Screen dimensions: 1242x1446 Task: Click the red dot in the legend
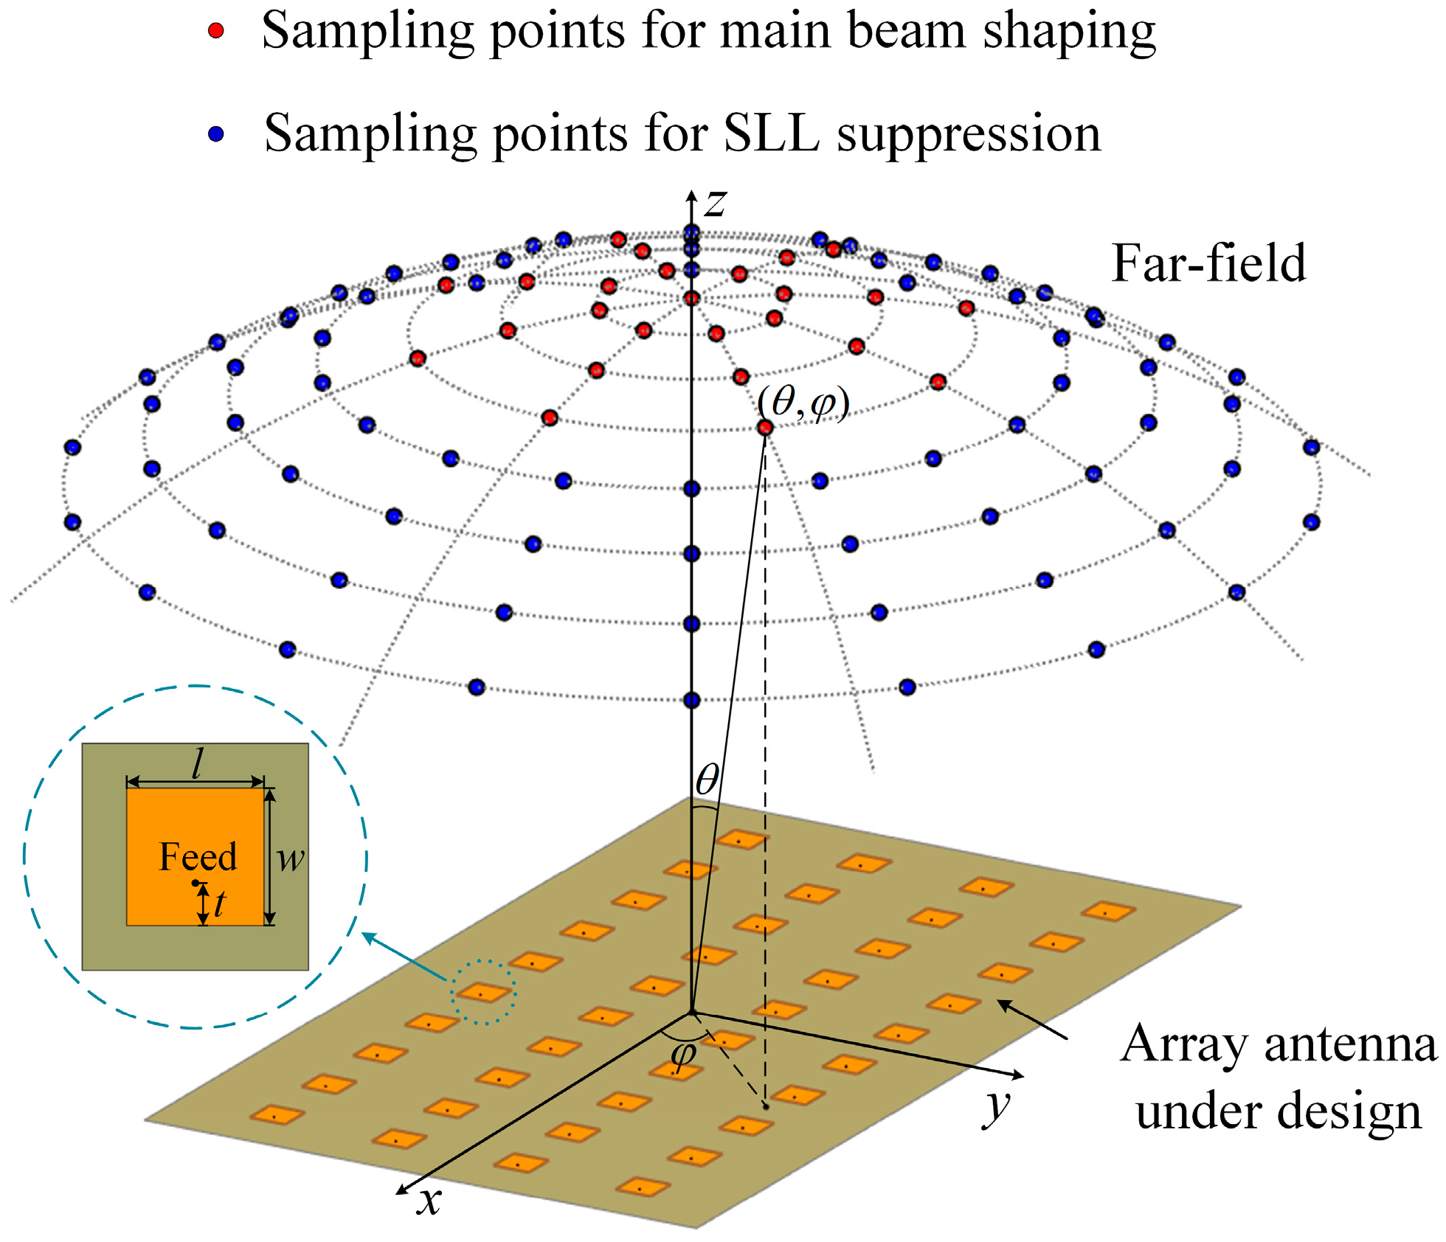(215, 31)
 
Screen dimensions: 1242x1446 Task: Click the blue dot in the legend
(215, 134)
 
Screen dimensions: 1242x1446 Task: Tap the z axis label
(715, 203)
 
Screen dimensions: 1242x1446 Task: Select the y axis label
(997, 1106)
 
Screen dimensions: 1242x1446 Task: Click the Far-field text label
(1208, 263)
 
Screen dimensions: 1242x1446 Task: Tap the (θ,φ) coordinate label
(803, 403)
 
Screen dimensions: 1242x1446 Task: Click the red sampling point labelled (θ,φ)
(765, 428)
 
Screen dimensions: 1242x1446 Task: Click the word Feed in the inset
(198, 857)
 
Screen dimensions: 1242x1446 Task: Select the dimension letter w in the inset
(291, 858)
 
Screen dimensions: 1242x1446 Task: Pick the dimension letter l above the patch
(197, 764)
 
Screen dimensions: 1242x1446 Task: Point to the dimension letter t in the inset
(220, 903)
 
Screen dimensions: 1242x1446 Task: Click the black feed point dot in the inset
(195, 883)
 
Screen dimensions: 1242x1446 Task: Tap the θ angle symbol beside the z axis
(707, 779)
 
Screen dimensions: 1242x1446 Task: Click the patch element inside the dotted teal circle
(483, 993)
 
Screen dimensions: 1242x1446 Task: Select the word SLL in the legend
(771, 134)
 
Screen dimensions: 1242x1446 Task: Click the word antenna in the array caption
(1350, 1044)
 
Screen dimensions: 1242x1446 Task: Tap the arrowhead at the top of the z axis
(691, 195)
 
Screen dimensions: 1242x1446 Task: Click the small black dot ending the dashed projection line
(766, 1106)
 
